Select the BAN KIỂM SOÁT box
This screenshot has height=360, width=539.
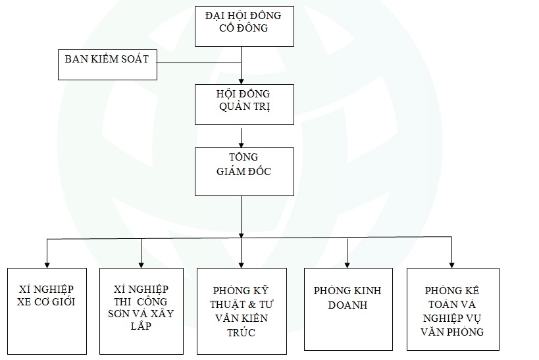click(x=106, y=64)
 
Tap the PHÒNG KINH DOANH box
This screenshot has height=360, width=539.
click(x=347, y=308)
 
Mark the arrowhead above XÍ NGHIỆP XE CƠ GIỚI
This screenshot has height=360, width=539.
click(x=47, y=263)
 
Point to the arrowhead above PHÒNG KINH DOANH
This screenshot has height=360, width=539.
click(x=347, y=263)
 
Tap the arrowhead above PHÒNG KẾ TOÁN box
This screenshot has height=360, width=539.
click(x=453, y=263)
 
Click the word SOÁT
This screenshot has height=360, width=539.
click(x=133, y=59)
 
